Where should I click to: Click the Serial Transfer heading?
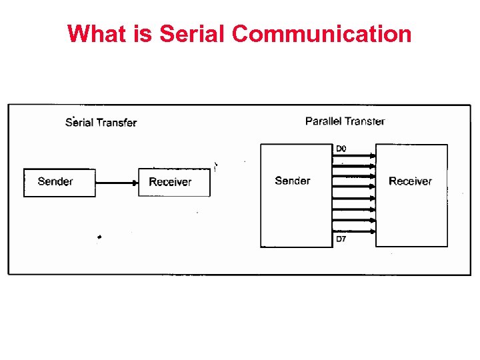(101, 122)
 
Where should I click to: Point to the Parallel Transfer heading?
(345, 121)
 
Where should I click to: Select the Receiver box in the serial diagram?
(174, 182)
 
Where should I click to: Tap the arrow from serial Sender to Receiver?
(117, 181)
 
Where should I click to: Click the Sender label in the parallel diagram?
(293, 181)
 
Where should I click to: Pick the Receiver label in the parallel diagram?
(410, 181)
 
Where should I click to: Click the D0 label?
(341, 148)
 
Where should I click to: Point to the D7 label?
(341, 239)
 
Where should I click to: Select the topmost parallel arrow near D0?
(353, 155)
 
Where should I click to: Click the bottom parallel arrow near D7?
(353, 231)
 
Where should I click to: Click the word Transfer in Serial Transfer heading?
(117, 122)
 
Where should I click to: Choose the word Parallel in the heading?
(323, 121)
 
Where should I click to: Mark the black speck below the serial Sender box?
(99, 237)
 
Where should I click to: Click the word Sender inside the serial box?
(55, 181)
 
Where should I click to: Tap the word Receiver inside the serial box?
(170, 182)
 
